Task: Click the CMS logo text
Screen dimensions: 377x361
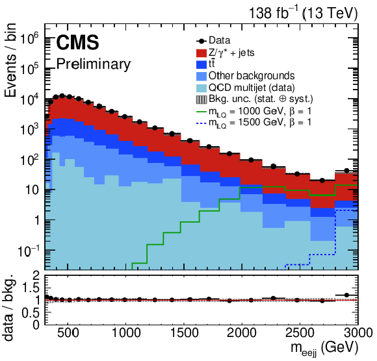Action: coord(77,42)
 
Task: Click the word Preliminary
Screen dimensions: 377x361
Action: coord(94,64)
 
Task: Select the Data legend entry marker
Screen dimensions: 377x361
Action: coord(201,41)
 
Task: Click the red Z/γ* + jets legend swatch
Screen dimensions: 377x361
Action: coord(201,53)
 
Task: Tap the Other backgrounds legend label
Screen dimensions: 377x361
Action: coord(252,76)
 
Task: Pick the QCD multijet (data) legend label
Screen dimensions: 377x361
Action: coord(252,88)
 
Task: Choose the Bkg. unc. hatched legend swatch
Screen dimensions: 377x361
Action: coord(201,99)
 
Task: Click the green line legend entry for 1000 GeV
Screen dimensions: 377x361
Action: coord(201,112)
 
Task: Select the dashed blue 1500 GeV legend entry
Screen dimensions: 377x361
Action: coord(201,123)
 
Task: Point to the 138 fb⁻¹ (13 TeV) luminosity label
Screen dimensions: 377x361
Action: coord(303,13)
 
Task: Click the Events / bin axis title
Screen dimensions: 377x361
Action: coord(10,60)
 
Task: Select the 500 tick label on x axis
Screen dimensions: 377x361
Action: coord(68,333)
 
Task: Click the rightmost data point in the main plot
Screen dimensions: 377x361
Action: coord(346,171)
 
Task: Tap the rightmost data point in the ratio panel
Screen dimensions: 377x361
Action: coord(346,295)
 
